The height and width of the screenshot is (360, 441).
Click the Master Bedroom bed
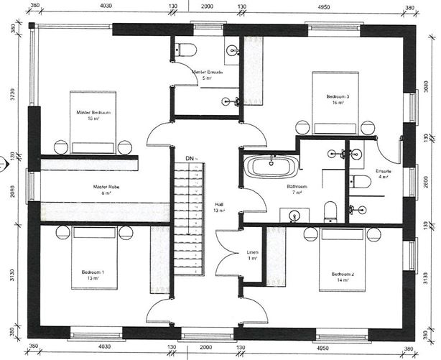[93, 122]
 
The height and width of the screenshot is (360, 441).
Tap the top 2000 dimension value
[207, 5]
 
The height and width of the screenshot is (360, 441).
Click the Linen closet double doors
[227, 253]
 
